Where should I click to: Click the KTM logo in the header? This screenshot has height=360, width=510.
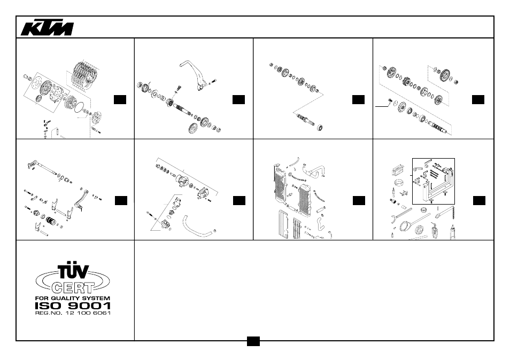[47, 29]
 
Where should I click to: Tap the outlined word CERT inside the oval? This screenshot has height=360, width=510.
[73, 287]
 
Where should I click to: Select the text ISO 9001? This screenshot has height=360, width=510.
[73, 306]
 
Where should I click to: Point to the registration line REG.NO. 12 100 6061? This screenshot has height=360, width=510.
[73, 313]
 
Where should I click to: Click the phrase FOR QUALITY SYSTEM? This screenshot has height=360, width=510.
[73, 298]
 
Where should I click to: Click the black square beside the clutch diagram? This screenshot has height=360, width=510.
[120, 99]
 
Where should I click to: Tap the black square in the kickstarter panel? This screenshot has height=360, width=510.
[239, 99]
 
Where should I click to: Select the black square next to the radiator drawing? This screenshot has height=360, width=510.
[359, 200]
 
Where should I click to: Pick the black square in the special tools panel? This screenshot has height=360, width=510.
[479, 200]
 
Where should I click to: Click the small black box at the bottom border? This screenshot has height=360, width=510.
[253, 341]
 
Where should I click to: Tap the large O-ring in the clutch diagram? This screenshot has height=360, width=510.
[80, 107]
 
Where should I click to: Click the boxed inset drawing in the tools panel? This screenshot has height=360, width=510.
[433, 181]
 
